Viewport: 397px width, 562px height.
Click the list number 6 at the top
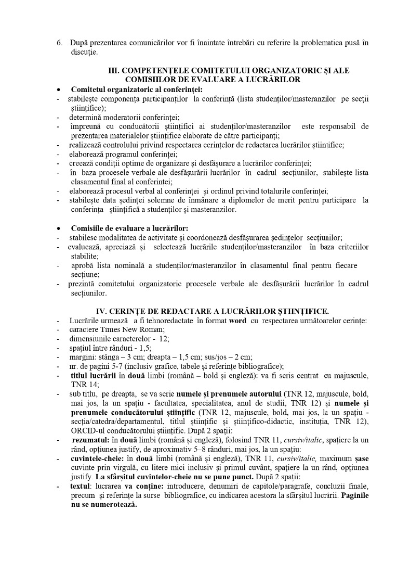(x=59, y=43)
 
